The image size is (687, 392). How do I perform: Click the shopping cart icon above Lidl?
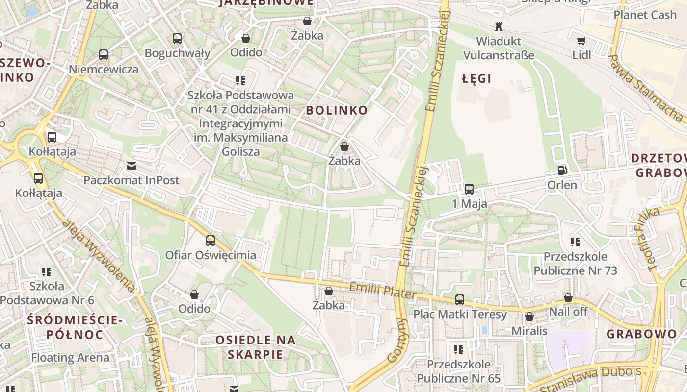(581, 41)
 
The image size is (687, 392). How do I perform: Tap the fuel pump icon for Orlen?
(562, 171)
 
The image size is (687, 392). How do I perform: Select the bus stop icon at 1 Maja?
(469, 189)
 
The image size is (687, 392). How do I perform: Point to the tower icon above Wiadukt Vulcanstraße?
(499, 26)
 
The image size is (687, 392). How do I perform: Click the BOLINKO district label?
(337, 110)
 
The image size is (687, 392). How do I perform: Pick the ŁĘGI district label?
(476, 78)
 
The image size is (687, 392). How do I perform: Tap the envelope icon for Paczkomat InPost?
(132, 166)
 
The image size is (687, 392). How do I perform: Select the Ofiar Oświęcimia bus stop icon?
(211, 241)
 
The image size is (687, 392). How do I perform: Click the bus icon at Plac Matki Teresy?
(460, 299)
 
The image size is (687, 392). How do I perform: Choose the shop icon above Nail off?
(568, 297)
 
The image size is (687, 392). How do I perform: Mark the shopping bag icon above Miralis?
(529, 317)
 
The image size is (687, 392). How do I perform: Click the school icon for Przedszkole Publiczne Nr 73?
(575, 242)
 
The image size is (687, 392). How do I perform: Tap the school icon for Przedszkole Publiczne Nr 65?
(459, 350)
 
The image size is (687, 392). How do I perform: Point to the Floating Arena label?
(70, 357)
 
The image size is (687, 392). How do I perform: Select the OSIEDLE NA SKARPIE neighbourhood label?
(256, 347)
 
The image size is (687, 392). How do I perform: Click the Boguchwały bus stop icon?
(177, 38)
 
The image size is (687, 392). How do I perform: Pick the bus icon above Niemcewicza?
(104, 55)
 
